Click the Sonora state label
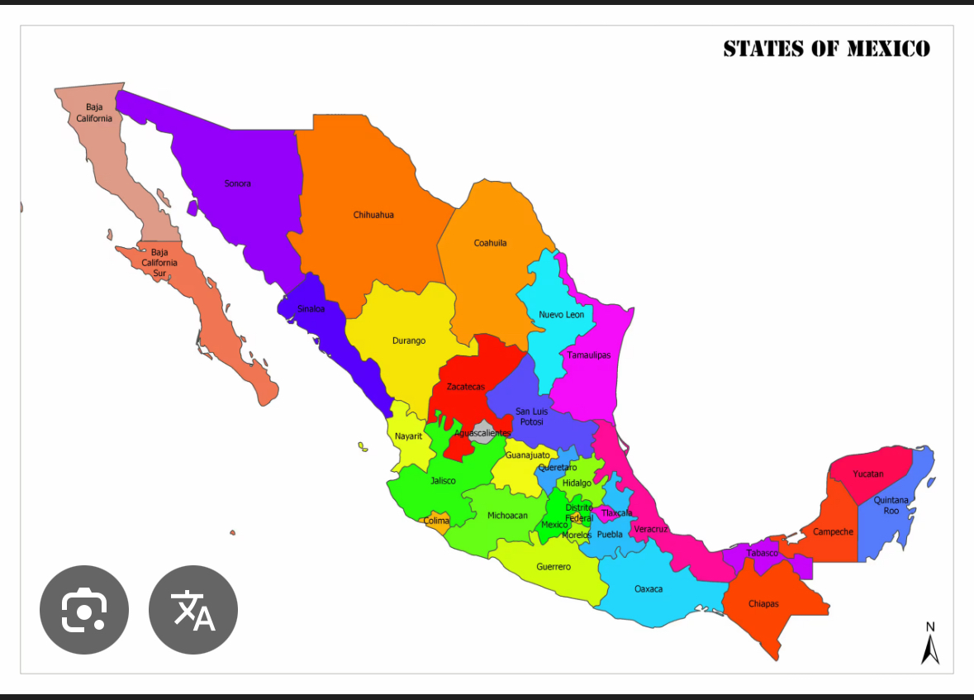pyautogui.click(x=238, y=183)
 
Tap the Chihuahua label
pyautogui.click(x=373, y=215)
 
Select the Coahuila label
pyautogui.click(x=490, y=243)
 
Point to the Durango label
pyautogui.click(x=409, y=340)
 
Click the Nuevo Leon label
pyautogui.click(x=561, y=315)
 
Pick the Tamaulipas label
pyautogui.click(x=589, y=355)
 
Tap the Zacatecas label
pyautogui.click(x=466, y=387)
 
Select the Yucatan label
pyautogui.click(x=868, y=474)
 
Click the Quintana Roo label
pyautogui.click(x=891, y=505)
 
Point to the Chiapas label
pyautogui.click(x=763, y=604)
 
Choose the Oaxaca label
pyautogui.click(x=649, y=589)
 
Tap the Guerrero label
pyautogui.click(x=554, y=567)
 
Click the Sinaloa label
pyautogui.click(x=311, y=309)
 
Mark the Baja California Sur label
pyautogui.click(x=159, y=262)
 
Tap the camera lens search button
pyautogui.click(x=84, y=610)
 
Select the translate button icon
pyautogui.click(x=193, y=610)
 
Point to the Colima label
pyautogui.click(x=437, y=521)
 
